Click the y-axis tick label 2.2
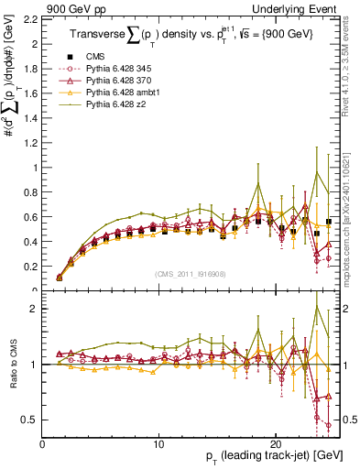click(x=29, y=19)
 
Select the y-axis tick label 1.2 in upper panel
click(x=29, y=143)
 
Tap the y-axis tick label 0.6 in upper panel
click(x=29, y=217)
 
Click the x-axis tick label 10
click(x=158, y=442)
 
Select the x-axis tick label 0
click(x=42, y=442)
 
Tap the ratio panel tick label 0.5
click(x=29, y=420)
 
